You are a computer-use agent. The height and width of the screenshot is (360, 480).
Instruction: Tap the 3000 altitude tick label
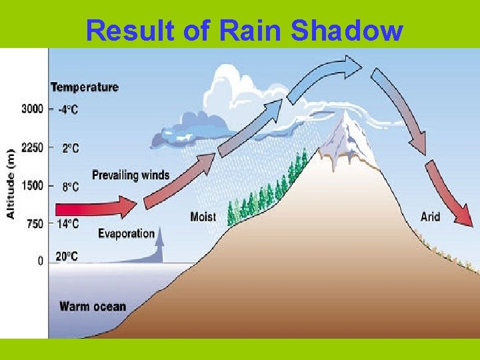(x=32, y=109)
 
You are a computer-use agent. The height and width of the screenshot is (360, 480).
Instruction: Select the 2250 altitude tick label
(x=32, y=148)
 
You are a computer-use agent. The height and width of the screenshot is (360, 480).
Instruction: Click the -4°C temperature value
(x=67, y=109)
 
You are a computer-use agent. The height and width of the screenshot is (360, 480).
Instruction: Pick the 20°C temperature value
(x=67, y=256)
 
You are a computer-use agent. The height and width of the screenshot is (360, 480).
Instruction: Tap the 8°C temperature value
(x=70, y=187)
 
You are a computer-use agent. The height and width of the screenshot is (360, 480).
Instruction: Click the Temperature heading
(x=85, y=87)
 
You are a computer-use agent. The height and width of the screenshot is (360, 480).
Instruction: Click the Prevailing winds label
(x=131, y=175)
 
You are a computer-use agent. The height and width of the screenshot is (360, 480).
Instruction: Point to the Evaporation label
(x=126, y=233)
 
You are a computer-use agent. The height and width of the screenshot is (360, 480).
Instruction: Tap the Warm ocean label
(x=93, y=307)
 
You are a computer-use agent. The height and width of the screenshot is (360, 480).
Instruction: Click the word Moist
(x=203, y=217)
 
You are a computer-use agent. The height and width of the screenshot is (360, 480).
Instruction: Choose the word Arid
(x=430, y=216)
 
